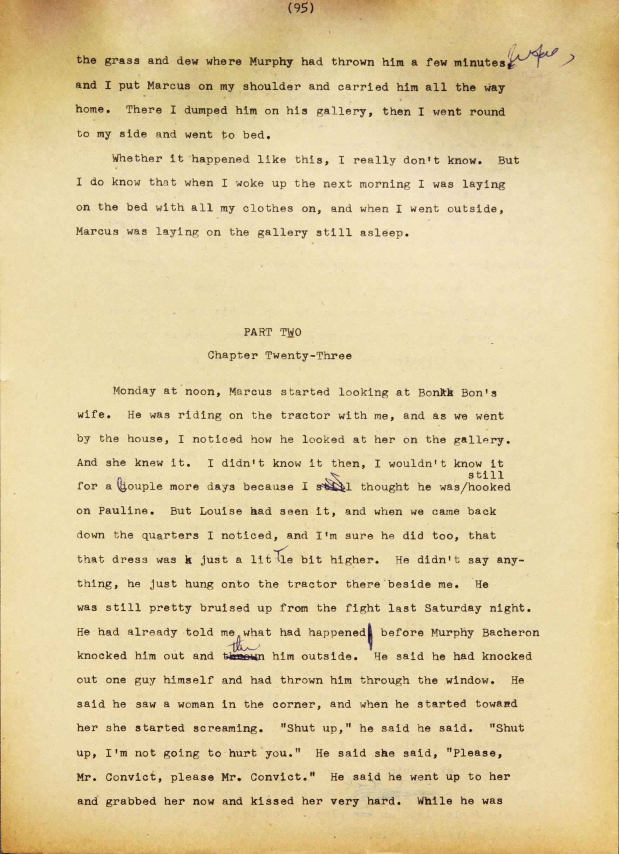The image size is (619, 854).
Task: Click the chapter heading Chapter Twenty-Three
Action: [x=280, y=356]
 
